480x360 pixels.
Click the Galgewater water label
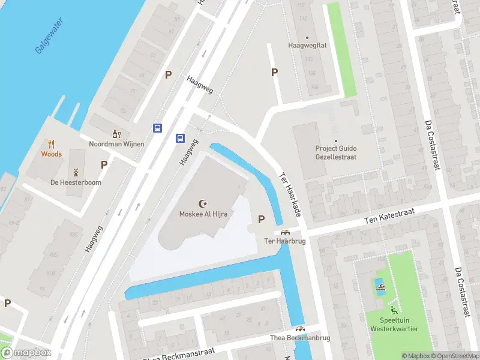[x=49, y=35]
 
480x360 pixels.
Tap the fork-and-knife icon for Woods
[x=52, y=144]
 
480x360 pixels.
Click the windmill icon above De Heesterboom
[x=76, y=172]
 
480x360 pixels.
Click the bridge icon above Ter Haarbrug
[x=285, y=232]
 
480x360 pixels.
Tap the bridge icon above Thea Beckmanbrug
[x=299, y=329]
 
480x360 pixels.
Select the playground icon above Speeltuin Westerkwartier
[x=394, y=310]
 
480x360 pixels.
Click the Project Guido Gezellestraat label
[x=336, y=152]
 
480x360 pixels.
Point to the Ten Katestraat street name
[x=391, y=217]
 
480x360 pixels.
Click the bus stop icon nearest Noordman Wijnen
[x=157, y=127]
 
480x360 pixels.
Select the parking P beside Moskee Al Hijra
[x=261, y=219]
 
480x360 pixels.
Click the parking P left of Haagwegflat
[x=275, y=73]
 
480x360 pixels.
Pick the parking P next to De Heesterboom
[x=104, y=164]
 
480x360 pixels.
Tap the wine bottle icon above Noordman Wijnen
[x=115, y=134]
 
